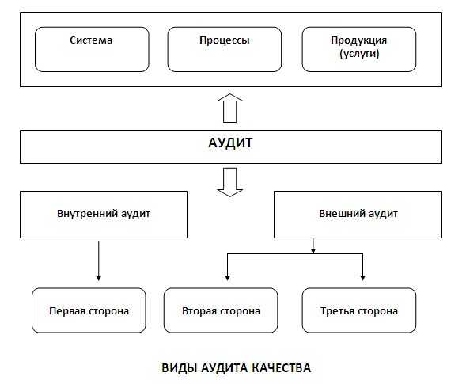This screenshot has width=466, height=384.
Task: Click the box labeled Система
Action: tap(92, 49)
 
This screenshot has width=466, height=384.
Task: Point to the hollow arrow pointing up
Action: tap(230, 108)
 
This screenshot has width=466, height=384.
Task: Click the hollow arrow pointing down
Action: tap(230, 181)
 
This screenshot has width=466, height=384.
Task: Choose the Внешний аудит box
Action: tap(358, 214)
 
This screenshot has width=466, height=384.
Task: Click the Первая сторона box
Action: tap(89, 310)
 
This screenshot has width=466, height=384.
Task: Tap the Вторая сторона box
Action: tap(222, 310)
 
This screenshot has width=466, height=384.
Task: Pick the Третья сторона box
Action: tap(360, 310)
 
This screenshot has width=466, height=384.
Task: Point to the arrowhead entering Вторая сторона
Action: tap(227, 277)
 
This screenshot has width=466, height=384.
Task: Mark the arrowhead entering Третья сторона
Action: tap(362, 277)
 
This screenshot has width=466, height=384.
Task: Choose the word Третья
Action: tap(339, 310)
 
